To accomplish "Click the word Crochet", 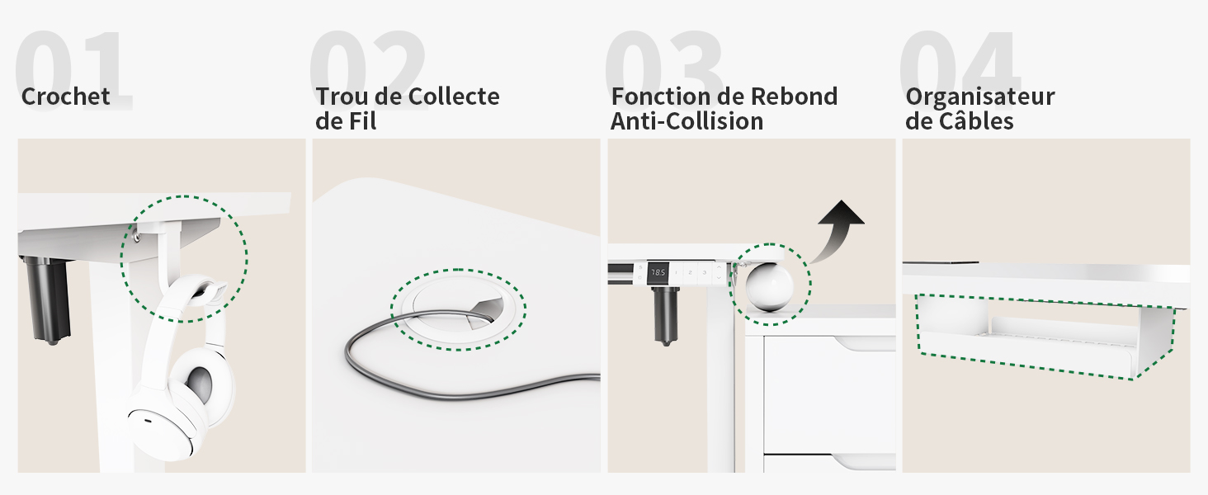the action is tap(66, 97).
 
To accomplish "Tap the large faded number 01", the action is tap(73, 70).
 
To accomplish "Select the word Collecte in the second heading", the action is tap(454, 97).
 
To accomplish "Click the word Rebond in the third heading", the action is tap(794, 97).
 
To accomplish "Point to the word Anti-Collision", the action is tap(687, 121).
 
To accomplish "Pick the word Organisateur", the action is tap(980, 97).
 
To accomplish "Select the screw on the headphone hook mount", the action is tap(136, 236).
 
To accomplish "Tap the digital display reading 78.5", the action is tap(658, 273).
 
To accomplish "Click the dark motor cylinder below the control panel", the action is tap(666, 315).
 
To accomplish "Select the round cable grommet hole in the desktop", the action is tap(459, 310).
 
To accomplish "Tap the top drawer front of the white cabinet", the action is tap(829, 394).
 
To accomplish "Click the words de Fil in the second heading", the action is tap(346, 121).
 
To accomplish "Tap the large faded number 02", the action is tap(368, 70).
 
